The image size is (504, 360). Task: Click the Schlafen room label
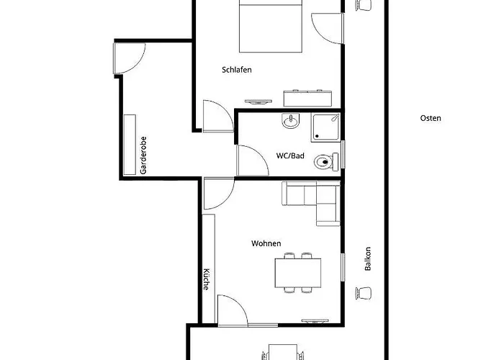(237, 70)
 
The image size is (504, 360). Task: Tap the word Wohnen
(266, 243)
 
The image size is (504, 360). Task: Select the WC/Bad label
(290, 156)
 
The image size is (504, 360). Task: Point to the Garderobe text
(143, 156)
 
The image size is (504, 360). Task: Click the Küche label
(207, 279)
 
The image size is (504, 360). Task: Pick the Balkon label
(368, 258)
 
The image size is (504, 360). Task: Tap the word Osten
(431, 118)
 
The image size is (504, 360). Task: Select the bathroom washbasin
(291, 120)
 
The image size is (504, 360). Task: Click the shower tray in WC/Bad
(325, 127)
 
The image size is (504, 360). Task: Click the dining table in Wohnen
(298, 273)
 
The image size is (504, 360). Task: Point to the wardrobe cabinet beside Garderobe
(130, 145)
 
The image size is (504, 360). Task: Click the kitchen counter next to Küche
(208, 269)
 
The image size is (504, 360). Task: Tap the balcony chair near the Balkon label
(364, 293)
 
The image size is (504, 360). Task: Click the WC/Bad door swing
(253, 161)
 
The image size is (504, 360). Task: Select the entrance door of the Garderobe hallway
(130, 58)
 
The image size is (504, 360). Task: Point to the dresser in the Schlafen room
(307, 99)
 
